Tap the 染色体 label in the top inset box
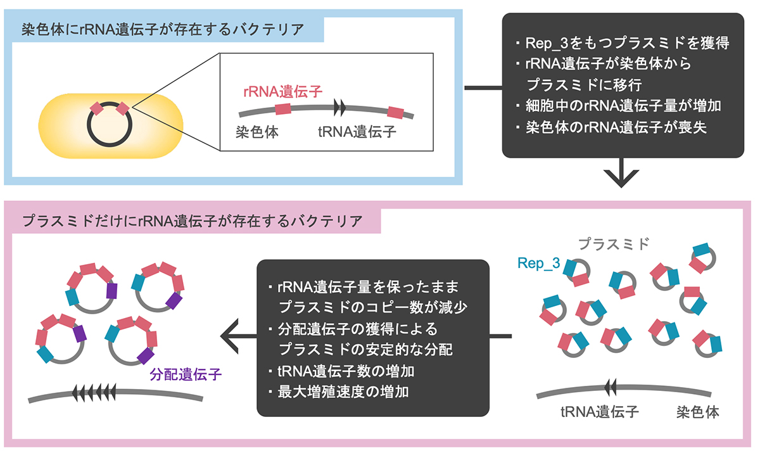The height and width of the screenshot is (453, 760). click(256, 132)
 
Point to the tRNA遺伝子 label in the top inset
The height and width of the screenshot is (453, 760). click(356, 132)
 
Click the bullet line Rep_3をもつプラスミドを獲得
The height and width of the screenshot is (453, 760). click(623, 44)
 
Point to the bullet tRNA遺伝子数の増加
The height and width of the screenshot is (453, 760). click(346, 371)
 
